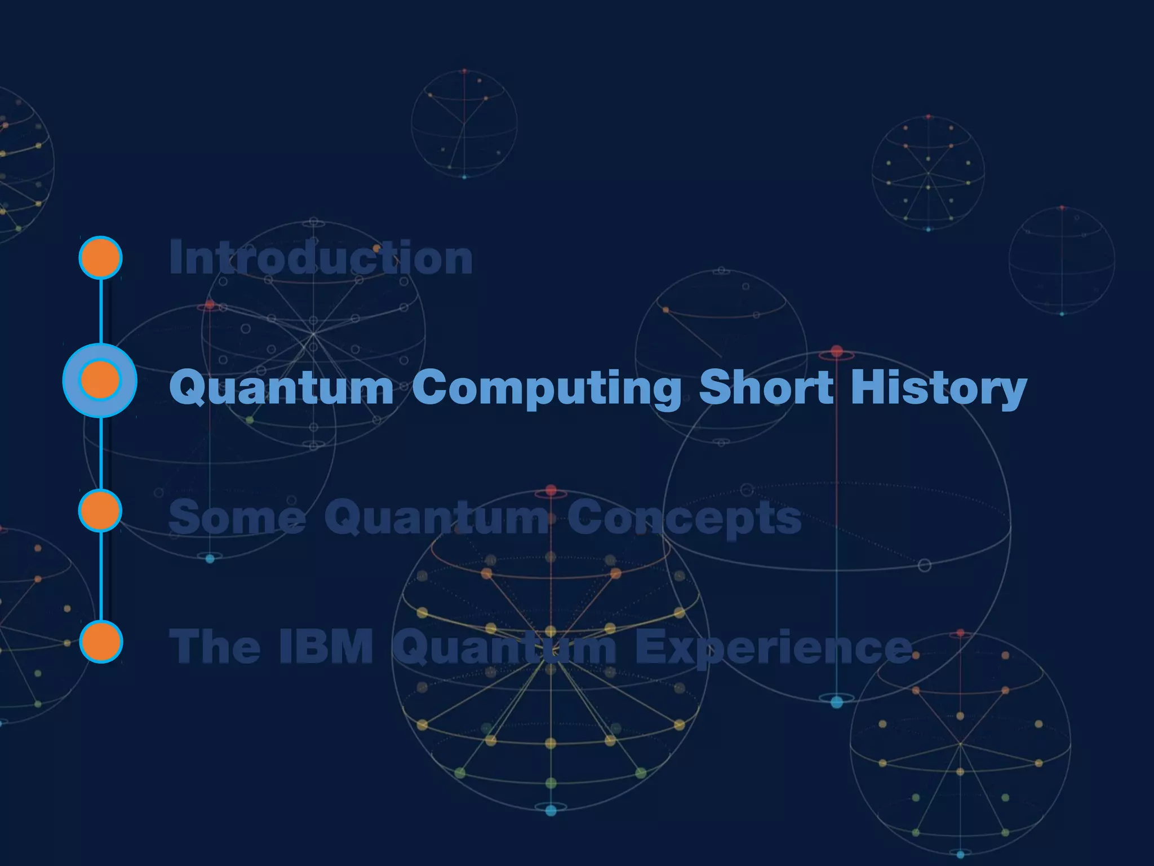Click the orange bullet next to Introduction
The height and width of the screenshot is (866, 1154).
tap(100, 258)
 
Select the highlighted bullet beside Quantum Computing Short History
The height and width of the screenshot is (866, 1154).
tap(100, 381)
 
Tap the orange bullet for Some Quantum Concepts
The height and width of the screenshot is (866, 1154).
tap(100, 511)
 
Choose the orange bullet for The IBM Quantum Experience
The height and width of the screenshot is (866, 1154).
tap(101, 642)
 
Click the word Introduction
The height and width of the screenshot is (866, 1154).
tap(321, 258)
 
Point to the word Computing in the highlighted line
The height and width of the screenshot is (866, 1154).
tap(547, 388)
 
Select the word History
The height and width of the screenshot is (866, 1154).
tap(938, 388)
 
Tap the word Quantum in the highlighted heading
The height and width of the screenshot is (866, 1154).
tap(281, 388)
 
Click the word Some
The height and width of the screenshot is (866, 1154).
tap(237, 518)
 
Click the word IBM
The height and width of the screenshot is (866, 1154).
tap(326, 647)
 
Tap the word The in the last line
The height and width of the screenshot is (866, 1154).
tap(215, 647)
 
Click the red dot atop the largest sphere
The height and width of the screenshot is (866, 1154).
tap(837, 352)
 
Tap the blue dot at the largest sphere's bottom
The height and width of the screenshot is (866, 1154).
tap(837, 702)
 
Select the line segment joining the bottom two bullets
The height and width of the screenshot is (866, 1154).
tap(101, 576)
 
